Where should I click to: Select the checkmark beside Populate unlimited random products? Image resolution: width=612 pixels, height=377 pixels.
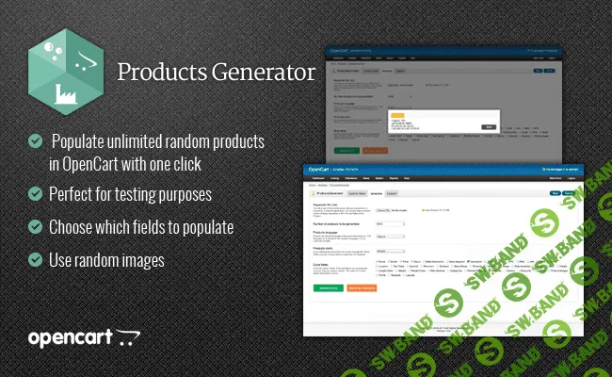coord(35,140)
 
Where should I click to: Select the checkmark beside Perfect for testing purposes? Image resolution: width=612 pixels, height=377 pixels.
coord(35,195)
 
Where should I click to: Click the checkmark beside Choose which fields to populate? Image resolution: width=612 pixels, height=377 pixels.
coord(35,227)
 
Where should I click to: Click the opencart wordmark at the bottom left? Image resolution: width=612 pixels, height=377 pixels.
coord(71,337)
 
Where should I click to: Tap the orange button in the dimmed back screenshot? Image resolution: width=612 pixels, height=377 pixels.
coord(378,149)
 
